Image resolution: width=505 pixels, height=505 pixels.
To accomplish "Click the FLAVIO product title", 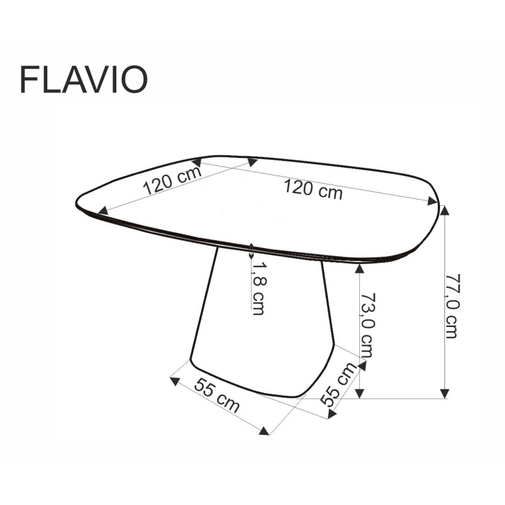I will (x=83, y=80).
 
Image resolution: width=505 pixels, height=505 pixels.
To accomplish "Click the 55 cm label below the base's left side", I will (x=217, y=396).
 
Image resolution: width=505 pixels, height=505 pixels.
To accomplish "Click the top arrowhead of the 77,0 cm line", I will (x=445, y=210).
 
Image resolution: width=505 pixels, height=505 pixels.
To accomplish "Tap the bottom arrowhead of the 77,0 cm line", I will (x=445, y=393).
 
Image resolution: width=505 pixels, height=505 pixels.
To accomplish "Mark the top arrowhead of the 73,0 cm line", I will (x=359, y=268).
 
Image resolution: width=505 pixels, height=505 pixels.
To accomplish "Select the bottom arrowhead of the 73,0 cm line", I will (x=359, y=393).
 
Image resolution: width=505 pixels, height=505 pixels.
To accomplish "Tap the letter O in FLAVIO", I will (x=134, y=80).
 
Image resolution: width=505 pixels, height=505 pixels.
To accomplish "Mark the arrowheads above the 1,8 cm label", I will (x=252, y=250).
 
